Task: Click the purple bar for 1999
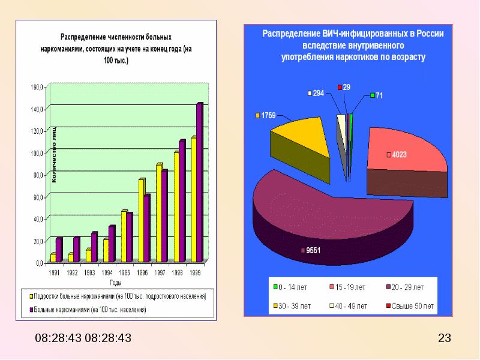click(199, 183)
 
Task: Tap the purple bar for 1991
click(58, 250)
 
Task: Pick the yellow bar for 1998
click(176, 207)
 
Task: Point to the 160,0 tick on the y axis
click(37, 88)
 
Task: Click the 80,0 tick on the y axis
click(37, 175)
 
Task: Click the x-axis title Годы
click(116, 282)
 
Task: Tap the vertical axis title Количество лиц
click(53, 154)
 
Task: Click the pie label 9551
click(313, 251)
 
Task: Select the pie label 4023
click(400, 155)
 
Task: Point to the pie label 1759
click(268, 115)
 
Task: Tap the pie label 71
click(379, 95)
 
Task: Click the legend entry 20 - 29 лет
click(409, 287)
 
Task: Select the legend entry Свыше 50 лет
click(413, 306)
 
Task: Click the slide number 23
click(445, 338)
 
